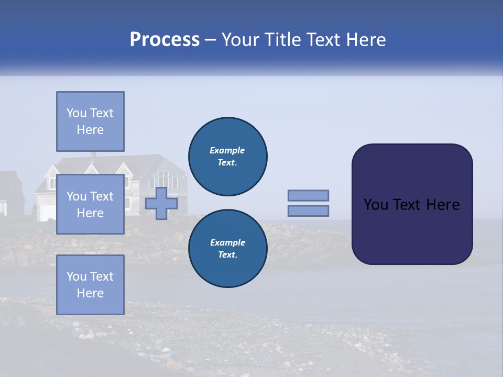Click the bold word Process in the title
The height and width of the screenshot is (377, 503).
click(x=165, y=40)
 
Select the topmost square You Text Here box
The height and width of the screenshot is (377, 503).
click(x=90, y=121)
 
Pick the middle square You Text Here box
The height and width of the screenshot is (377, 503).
click(x=90, y=204)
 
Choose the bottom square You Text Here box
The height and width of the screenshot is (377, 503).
click(x=90, y=284)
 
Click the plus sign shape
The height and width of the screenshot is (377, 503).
click(x=161, y=203)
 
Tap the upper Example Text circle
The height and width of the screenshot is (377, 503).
click(x=227, y=157)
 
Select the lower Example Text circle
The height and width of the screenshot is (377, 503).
click(x=227, y=249)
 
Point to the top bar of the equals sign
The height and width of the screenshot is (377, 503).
click(x=308, y=196)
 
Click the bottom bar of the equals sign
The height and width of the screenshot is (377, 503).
click(x=308, y=210)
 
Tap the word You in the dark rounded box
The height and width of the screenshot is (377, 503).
click(x=375, y=205)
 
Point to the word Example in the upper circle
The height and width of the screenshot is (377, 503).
click(x=227, y=151)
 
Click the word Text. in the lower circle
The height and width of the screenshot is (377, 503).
click(x=227, y=255)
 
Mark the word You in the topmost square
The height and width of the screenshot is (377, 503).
click(x=76, y=113)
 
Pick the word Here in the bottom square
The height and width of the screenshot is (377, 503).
click(x=90, y=293)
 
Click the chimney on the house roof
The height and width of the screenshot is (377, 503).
click(x=93, y=156)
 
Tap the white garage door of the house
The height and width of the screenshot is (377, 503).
click(x=47, y=212)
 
